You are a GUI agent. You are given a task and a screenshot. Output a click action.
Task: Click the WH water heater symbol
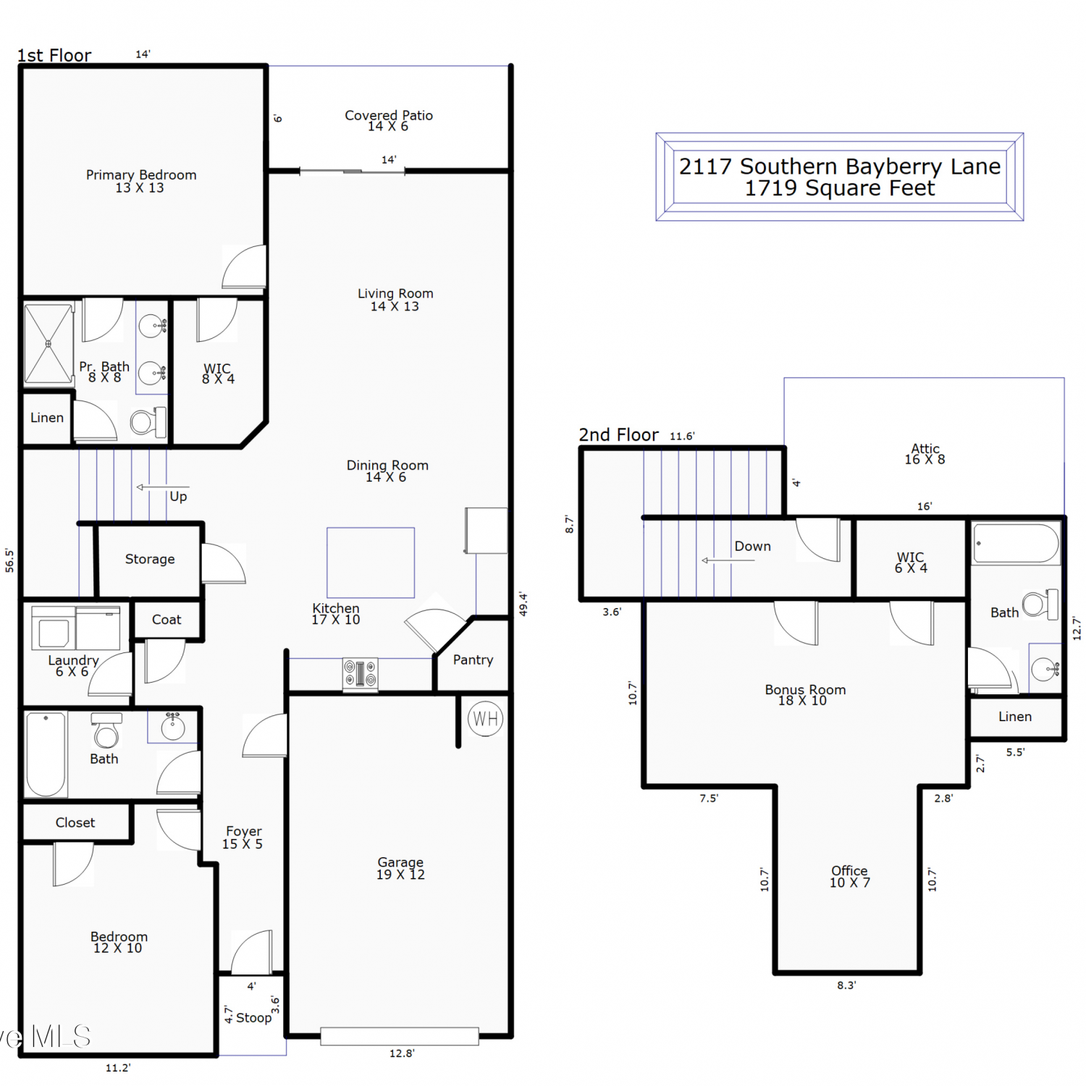coord(485,719)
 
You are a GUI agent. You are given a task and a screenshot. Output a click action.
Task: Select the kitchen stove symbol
coord(360,674)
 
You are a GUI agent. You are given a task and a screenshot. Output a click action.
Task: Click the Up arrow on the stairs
coord(163,487)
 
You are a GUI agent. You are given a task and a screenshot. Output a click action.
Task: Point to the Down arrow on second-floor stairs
coord(728,560)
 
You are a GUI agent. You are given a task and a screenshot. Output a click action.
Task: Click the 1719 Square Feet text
coord(840,188)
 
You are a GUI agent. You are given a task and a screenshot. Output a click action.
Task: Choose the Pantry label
coord(473,660)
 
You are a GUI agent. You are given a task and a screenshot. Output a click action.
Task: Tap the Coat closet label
coord(167,620)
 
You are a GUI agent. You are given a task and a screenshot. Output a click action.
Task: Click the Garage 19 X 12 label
coord(400,868)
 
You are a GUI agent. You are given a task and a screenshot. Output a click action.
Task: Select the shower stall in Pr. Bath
coord(49,344)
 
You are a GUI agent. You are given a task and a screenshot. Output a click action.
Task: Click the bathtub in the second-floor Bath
coord(1016,543)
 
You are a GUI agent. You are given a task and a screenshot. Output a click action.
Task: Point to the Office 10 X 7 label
coord(850,876)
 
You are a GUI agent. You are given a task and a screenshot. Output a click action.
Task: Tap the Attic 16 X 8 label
coord(925,454)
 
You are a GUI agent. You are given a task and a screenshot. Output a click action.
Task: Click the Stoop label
coord(253,1017)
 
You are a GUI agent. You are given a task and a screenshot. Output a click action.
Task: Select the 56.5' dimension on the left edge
coord(9,560)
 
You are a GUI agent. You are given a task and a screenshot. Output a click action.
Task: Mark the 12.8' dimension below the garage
coord(402,1053)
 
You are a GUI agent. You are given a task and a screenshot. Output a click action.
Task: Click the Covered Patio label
coord(389,115)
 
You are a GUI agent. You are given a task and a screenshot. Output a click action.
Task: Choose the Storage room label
coord(150,559)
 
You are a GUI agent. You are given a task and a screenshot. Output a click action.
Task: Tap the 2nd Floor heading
coord(618,434)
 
